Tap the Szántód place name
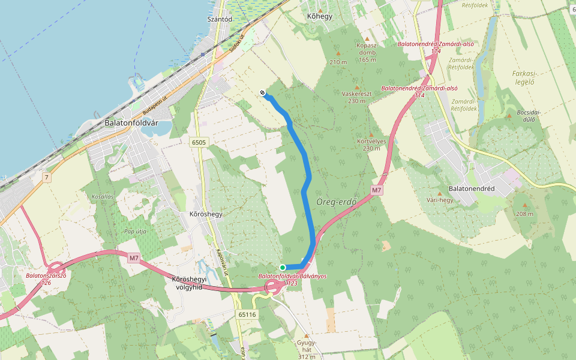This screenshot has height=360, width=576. (x=219, y=19)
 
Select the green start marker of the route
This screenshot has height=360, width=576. (x=283, y=267)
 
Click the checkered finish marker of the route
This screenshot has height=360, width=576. (x=263, y=92)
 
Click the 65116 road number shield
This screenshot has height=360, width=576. (x=247, y=314)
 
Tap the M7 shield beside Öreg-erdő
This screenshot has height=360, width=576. (x=376, y=190)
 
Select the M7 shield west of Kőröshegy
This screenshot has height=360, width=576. (x=134, y=259)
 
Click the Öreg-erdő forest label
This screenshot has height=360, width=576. (x=337, y=202)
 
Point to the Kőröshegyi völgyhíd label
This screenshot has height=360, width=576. (x=189, y=283)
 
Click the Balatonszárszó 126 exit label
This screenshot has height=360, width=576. (x=46, y=278)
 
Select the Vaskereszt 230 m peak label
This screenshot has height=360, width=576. (x=356, y=97)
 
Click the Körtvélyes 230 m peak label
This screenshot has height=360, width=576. (x=371, y=145)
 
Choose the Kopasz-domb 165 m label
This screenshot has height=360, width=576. (x=367, y=52)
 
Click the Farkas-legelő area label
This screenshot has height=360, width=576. (x=524, y=77)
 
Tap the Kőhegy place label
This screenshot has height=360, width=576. (x=319, y=16)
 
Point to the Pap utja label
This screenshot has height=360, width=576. (x=135, y=230)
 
